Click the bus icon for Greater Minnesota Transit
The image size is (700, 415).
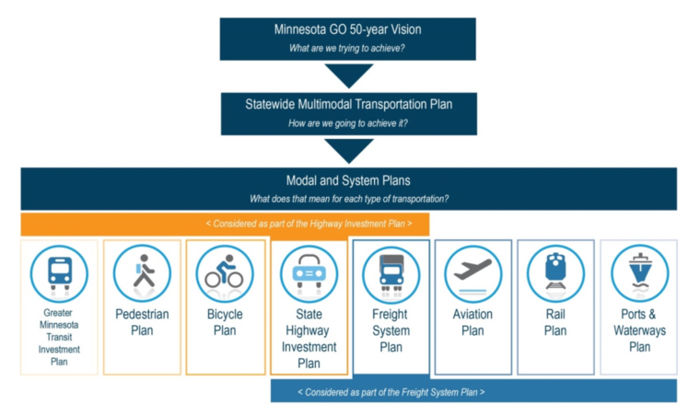click(x=59, y=273)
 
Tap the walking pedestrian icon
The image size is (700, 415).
click(x=142, y=273)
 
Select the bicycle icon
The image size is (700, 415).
click(x=225, y=273)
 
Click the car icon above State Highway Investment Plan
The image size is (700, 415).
click(x=308, y=273)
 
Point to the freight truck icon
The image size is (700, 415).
click(x=391, y=273)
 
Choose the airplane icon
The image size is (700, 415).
click(x=473, y=273)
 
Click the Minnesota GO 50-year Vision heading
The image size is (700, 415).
click(x=347, y=29)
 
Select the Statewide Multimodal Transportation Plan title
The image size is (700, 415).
click(x=347, y=104)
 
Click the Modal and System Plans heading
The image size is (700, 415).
click(x=348, y=180)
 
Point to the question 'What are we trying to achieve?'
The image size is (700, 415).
click(x=347, y=49)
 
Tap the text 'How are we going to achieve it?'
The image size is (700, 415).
click(x=347, y=122)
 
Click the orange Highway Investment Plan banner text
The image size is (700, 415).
click(x=225, y=224)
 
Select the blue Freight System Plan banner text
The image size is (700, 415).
click(x=473, y=391)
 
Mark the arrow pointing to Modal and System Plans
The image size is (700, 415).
click(x=348, y=150)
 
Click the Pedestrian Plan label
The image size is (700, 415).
click(x=142, y=322)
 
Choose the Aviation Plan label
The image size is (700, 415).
click(x=473, y=322)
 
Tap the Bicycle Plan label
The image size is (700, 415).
click(x=225, y=322)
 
